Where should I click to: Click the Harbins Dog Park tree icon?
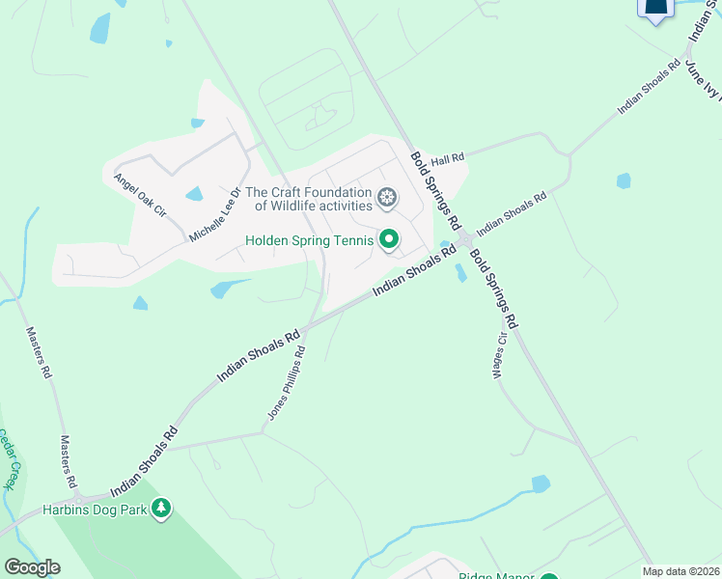161,508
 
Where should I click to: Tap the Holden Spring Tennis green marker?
389,239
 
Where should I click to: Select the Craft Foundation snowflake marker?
387,198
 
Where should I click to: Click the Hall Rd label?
448,158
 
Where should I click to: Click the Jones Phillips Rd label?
287,383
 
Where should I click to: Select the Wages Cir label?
501,357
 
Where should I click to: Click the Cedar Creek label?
10,458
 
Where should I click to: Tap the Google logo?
31,567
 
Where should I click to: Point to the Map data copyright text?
680,571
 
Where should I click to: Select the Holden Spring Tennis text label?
309,240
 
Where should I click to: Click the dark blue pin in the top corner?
655,9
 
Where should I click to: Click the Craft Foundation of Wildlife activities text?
313,199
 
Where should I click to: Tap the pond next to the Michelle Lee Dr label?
194,194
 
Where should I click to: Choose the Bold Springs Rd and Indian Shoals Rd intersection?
464,239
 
